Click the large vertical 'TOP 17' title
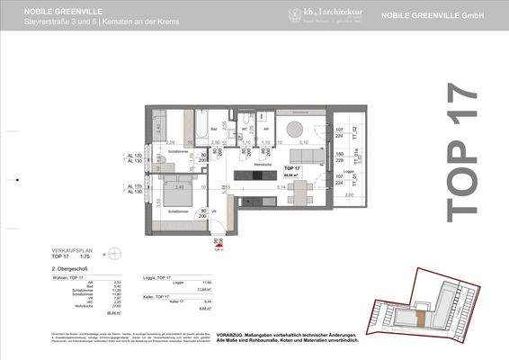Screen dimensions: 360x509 tap(461, 149)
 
